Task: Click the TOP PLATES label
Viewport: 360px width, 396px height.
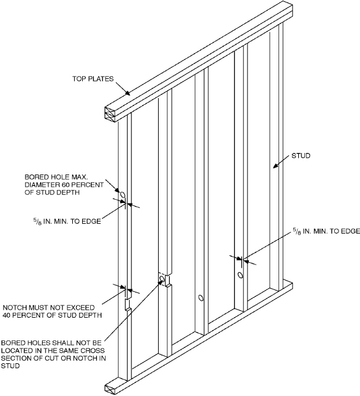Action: pyautogui.click(x=93, y=79)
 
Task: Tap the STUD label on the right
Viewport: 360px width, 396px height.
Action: pyautogui.click(x=301, y=155)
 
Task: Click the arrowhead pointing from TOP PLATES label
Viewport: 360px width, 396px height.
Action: pyautogui.click(x=128, y=93)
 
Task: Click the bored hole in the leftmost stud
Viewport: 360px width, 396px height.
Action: pyautogui.click(x=123, y=195)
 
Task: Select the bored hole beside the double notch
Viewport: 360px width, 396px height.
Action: pyautogui.click(x=162, y=279)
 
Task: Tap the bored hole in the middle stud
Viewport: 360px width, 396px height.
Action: pyautogui.click(x=201, y=298)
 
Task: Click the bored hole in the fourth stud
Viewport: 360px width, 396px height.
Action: pyautogui.click(x=240, y=275)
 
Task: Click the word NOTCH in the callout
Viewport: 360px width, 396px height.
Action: pyautogui.click(x=15, y=308)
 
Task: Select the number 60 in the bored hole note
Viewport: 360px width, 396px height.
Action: pyautogui.click(x=65, y=185)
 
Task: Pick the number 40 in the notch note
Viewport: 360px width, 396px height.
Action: pyautogui.click(x=7, y=315)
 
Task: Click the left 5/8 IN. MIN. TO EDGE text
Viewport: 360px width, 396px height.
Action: pyautogui.click(x=67, y=221)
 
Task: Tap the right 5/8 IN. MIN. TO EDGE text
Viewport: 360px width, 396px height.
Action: pyautogui.click(x=326, y=231)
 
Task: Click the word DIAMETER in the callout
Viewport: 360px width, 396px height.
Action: pyautogui.click(x=42, y=185)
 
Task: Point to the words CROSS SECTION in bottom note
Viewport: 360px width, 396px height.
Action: pyautogui.click(x=65, y=354)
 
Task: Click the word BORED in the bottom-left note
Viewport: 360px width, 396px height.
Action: pyautogui.click(x=12, y=343)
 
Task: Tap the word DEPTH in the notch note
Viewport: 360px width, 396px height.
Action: pyautogui.click(x=90, y=315)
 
